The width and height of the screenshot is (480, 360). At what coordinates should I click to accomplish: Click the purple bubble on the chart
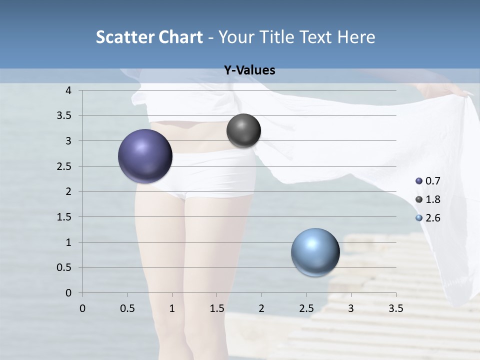tap(145, 156)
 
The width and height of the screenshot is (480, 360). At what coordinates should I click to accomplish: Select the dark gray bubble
tap(243, 131)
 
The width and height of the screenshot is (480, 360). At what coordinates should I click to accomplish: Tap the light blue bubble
tap(315, 252)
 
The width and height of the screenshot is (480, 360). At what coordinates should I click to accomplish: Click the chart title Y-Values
tap(249, 70)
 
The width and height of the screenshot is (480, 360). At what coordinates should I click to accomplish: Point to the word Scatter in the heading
tap(124, 37)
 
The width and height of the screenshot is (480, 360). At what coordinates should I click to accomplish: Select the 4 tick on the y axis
tap(69, 90)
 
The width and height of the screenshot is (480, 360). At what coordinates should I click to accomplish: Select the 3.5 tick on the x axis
tap(395, 308)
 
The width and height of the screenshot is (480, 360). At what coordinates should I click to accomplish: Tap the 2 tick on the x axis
tap(261, 308)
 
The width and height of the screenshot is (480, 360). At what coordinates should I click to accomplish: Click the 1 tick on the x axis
tap(172, 308)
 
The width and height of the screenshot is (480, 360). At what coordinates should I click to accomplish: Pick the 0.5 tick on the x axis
tap(127, 308)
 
